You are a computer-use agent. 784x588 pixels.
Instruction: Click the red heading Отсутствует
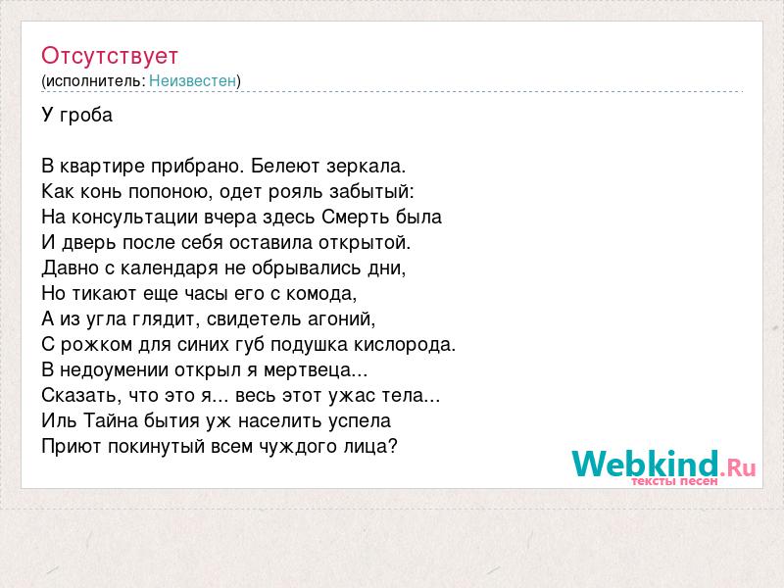110,56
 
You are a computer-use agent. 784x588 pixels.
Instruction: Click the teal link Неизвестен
192,80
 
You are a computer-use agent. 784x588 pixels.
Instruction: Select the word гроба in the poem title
86,116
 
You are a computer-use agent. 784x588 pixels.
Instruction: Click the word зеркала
366,166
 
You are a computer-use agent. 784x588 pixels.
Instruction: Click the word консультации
135,218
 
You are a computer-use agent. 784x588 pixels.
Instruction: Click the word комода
321,294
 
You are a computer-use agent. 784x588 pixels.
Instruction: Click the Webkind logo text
646,464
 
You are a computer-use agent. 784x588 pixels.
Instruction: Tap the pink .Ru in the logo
738,468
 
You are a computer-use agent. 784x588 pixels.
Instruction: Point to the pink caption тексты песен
674,481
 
